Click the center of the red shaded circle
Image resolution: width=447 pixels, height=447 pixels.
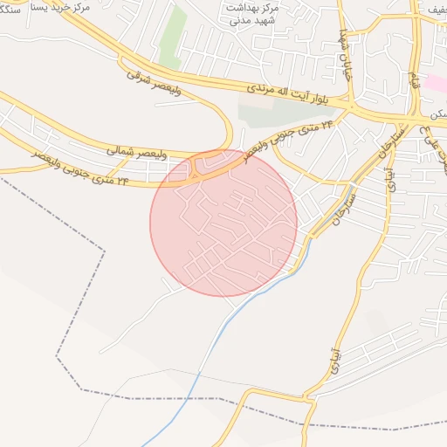223,223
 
